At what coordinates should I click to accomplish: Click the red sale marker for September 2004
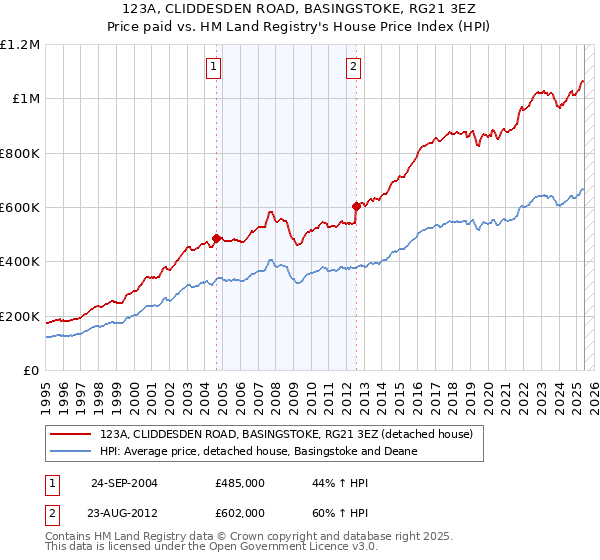(x=217, y=239)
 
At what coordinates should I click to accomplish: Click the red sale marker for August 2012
(x=355, y=207)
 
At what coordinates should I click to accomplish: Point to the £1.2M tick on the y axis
(x=20, y=45)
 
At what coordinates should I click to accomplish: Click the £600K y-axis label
(x=20, y=208)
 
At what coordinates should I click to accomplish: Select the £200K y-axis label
(x=20, y=317)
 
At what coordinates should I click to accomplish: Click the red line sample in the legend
(x=70, y=434)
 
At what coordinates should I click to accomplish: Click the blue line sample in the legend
(x=70, y=451)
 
